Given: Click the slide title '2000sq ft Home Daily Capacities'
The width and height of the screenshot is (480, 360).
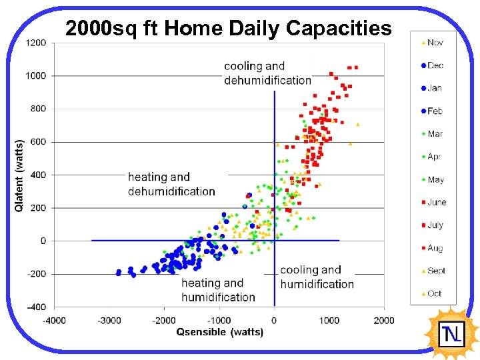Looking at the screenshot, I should click(228, 29).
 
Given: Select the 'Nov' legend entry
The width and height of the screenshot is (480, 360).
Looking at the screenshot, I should click(435, 43).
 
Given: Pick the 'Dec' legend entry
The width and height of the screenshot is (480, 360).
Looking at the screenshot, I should click(435, 65).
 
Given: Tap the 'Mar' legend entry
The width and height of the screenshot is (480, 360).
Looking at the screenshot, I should click(435, 134).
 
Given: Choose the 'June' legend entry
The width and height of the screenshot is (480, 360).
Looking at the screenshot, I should click(436, 202).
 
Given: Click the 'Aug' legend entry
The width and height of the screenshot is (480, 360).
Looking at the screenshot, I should click(435, 248).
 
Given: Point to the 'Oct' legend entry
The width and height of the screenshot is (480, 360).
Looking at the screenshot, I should click(434, 293).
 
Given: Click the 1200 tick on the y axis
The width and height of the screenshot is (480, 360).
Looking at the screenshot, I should click(36, 43).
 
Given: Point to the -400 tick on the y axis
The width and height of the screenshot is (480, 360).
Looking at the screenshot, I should click(36, 307).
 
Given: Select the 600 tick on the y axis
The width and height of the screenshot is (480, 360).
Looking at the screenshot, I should click(39, 142).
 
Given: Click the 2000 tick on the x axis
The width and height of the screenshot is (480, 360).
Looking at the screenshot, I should click(384, 321).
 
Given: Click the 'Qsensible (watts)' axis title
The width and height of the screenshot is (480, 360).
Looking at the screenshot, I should click(219, 332).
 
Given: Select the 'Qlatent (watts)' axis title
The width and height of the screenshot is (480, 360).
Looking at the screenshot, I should click(19, 175).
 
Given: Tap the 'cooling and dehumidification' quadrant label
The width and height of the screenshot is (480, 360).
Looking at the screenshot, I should click(267, 73).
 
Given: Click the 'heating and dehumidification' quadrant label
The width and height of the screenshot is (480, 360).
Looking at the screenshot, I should click(171, 184).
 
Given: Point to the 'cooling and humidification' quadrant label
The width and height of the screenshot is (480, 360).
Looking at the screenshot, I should click(317, 277).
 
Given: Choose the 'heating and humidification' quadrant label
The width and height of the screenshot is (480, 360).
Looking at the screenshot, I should click(218, 290).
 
